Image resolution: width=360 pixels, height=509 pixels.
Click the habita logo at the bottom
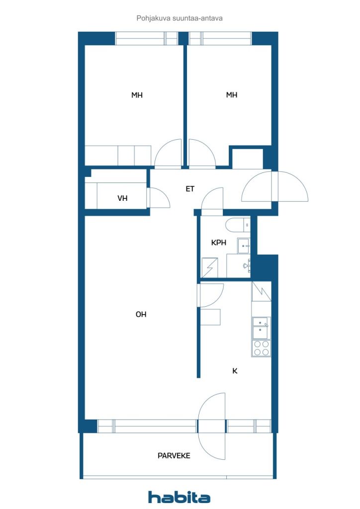point(179,497)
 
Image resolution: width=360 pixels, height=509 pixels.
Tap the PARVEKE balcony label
point(174,456)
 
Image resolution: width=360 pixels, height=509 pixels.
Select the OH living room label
point(141,314)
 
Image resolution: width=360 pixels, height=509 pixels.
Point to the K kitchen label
point(235,371)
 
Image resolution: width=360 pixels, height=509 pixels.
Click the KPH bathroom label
point(218,243)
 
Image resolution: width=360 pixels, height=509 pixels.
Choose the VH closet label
point(122,198)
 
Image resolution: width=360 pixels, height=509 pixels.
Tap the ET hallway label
point(190,188)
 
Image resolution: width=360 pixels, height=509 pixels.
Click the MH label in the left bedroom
point(137,95)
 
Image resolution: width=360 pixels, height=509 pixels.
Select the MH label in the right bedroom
point(231,95)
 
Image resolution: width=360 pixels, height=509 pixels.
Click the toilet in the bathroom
point(238,225)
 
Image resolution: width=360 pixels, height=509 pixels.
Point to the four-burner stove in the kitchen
point(262,348)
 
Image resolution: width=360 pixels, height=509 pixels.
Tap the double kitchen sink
point(262,328)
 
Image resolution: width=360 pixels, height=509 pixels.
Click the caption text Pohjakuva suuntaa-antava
point(180,18)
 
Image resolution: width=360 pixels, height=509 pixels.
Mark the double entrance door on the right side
point(274,186)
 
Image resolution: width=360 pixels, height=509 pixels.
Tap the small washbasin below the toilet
point(244,246)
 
